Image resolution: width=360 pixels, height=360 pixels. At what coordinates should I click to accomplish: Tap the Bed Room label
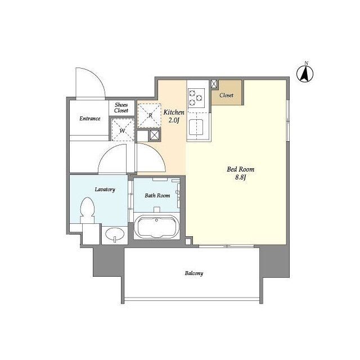pos(240,169)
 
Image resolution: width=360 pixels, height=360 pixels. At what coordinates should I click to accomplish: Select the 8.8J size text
pos(240,177)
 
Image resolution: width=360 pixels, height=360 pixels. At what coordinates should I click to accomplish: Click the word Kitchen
pos(174,112)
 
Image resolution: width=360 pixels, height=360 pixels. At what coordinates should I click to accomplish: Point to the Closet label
pos(226,95)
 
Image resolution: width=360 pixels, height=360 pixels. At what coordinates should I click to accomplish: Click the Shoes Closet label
pos(121,107)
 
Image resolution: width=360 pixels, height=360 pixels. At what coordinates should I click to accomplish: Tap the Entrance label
pos(90,119)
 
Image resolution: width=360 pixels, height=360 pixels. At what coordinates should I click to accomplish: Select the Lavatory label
pos(105,190)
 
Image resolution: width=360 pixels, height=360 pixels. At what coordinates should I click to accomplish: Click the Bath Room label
pos(157,196)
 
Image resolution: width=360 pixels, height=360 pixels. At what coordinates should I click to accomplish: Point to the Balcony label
pos(193,273)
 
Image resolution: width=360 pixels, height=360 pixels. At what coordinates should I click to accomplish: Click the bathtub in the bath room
pos(156,227)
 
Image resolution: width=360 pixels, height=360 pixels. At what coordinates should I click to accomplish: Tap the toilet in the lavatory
pos(87,210)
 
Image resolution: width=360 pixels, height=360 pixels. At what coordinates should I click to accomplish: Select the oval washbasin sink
pos(115,234)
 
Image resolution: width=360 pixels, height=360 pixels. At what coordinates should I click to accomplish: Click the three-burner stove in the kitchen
pos(196,98)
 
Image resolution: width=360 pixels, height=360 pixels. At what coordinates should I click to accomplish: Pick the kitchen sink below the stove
pos(196,127)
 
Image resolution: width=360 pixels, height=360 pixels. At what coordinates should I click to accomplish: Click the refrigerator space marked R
pos(149,115)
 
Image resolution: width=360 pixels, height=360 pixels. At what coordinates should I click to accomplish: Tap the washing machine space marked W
pos(123,130)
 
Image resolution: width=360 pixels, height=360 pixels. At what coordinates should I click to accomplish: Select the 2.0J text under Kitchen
pos(174,120)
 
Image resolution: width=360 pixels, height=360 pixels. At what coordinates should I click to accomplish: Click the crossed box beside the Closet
pos(214,84)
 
